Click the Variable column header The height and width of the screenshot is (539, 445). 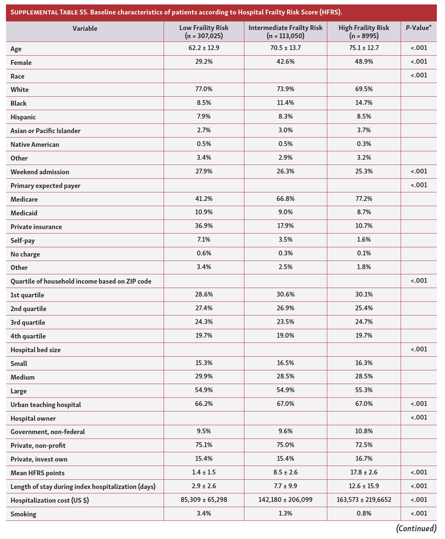click(85, 29)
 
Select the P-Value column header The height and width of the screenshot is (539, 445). click(418, 28)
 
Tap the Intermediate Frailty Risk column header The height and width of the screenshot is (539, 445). click(285, 32)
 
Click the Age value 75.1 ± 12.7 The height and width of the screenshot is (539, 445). click(364, 48)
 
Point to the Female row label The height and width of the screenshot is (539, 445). click(21, 63)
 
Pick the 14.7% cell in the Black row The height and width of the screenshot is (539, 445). click(364, 103)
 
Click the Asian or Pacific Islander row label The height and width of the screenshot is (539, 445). click(46, 131)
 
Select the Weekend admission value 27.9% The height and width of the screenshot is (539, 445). click(204, 171)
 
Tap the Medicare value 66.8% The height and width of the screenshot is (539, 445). click(285, 199)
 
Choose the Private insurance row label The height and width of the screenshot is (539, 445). click(36, 227)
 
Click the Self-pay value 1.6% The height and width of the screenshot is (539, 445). click(364, 239)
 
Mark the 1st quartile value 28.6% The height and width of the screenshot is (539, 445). click(204, 294)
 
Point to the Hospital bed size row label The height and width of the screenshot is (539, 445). click(36, 350)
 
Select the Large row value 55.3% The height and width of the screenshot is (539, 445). click(364, 390)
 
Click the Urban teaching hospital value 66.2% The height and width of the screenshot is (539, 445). click(204, 404)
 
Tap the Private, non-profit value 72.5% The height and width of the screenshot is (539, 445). click(364, 445)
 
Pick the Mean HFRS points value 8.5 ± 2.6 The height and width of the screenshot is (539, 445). click(285, 472)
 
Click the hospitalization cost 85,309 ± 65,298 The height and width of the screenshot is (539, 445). click(204, 500)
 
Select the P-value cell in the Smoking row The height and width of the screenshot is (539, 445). click(418, 513)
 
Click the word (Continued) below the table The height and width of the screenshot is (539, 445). click(416, 528)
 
